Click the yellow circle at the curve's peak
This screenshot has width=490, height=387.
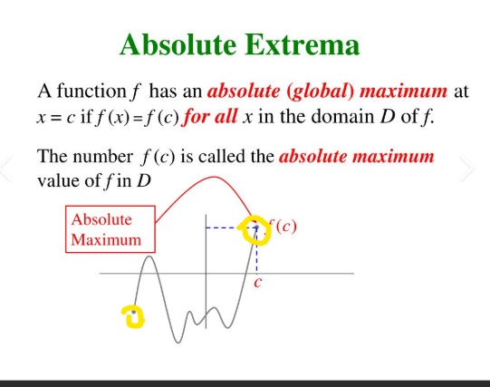click(255, 231)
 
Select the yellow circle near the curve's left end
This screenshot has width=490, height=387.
click(133, 315)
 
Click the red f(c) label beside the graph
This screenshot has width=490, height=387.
click(283, 227)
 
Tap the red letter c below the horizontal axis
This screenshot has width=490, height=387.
click(258, 283)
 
